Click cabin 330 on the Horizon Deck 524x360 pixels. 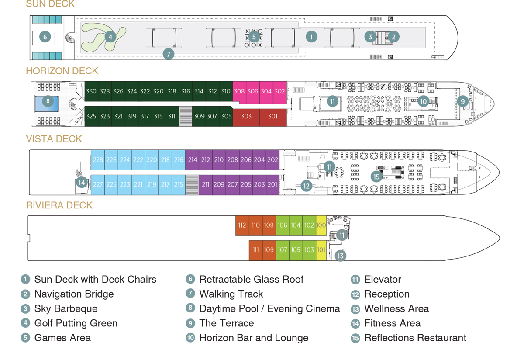(91, 91)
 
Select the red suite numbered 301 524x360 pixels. (273, 117)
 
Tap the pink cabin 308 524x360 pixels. (239, 91)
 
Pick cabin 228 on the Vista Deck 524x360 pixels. (98, 160)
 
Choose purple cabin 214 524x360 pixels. (192, 160)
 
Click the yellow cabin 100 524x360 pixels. (321, 225)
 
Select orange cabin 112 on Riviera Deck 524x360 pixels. (242, 225)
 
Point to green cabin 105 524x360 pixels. (296, 250)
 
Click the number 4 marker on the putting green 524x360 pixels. (110, 37)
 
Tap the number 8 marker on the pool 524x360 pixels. (48, 102)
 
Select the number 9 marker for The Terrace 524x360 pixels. (463, 102)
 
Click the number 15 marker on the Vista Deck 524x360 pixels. (376, 177)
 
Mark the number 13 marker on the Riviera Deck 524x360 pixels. (341, 256)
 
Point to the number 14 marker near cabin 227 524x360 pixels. (82, 182)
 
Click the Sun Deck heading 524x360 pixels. (50, 4)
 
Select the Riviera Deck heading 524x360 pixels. (59, 205)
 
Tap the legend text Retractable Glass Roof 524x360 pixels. (251, 279)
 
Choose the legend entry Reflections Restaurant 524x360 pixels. (415, 338)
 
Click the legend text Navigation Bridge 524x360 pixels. (74, 294)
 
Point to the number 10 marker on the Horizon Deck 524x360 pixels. (423, 102)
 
